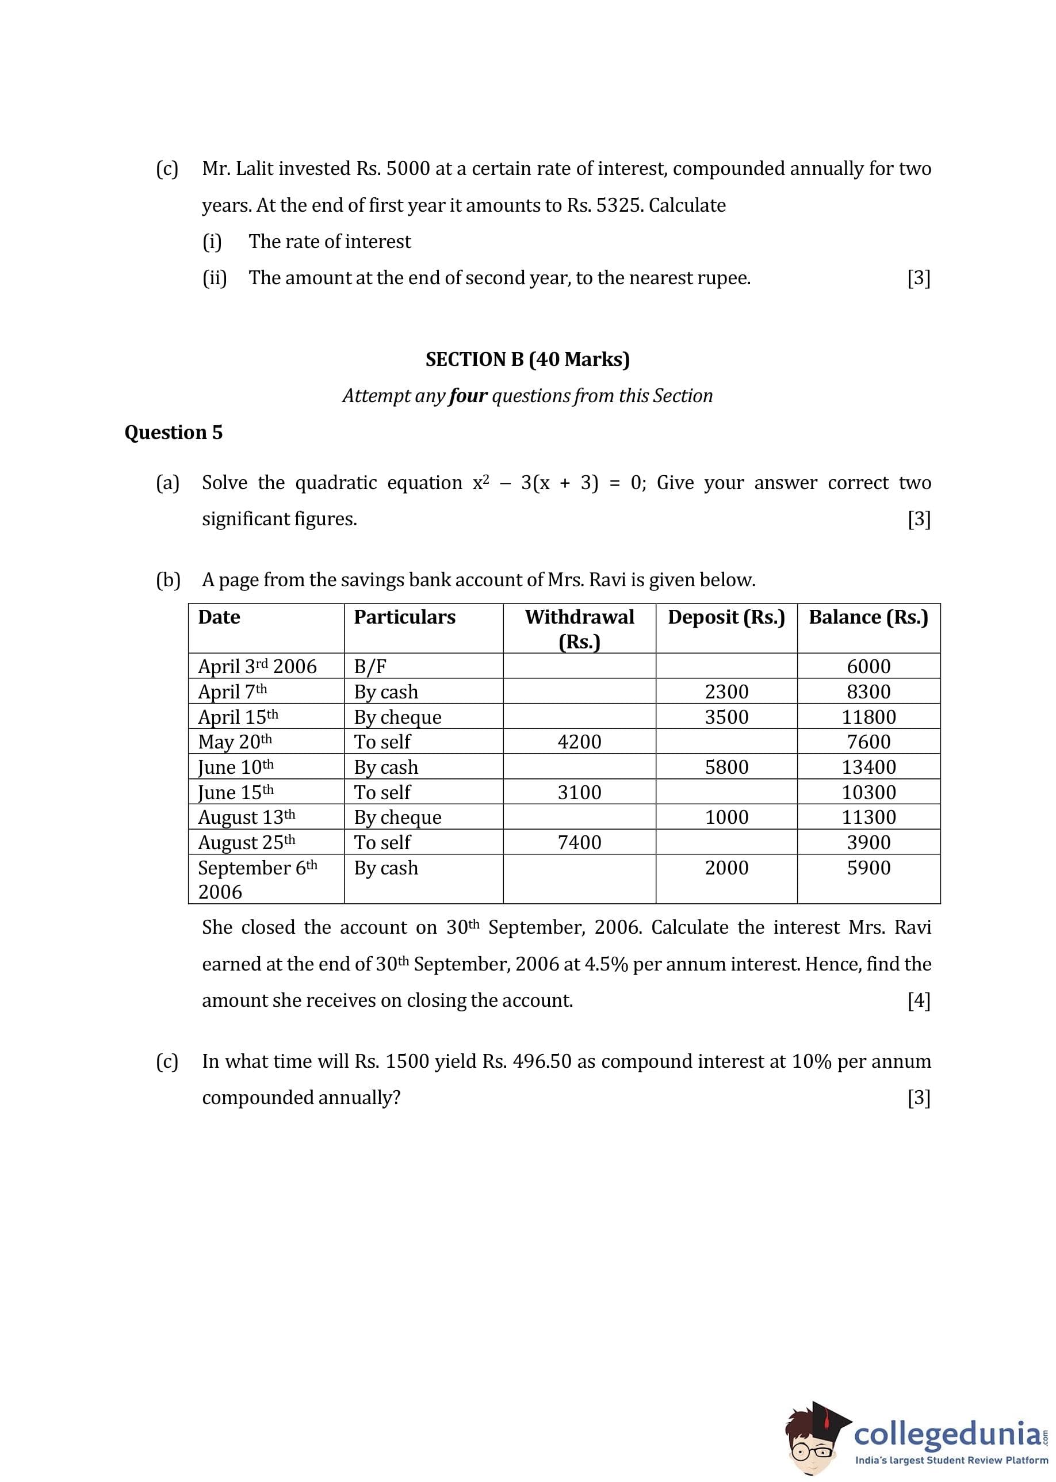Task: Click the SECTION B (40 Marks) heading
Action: (527, 360)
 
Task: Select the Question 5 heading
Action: (174, 433)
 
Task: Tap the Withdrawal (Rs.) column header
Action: (579, 628)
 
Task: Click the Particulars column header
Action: (404, 617)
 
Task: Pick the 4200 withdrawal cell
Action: (579, 742)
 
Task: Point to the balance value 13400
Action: (868, 767)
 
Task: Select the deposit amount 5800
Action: (726, 767)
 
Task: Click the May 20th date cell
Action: (235, 742)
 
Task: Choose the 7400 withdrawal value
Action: (579, 843)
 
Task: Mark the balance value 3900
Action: (868, 843)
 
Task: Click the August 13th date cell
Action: (246, 818)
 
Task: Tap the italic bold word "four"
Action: (468, 396)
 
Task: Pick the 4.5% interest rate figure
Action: (606, 964)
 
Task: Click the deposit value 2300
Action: (726, 692)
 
